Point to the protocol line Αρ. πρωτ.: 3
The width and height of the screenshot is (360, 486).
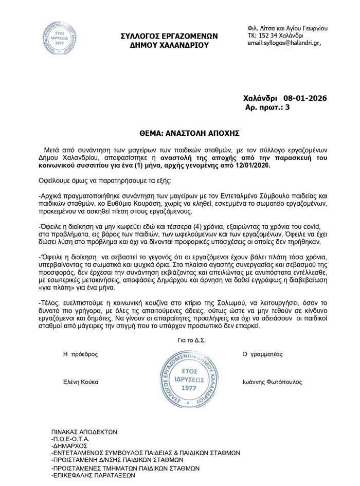pos(269,107)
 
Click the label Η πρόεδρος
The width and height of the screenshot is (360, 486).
pos(80,354)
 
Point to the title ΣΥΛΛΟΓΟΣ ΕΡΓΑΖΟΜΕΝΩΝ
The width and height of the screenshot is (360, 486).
pos(169,36)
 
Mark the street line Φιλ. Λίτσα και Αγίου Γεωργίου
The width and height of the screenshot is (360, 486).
pos(287,27)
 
